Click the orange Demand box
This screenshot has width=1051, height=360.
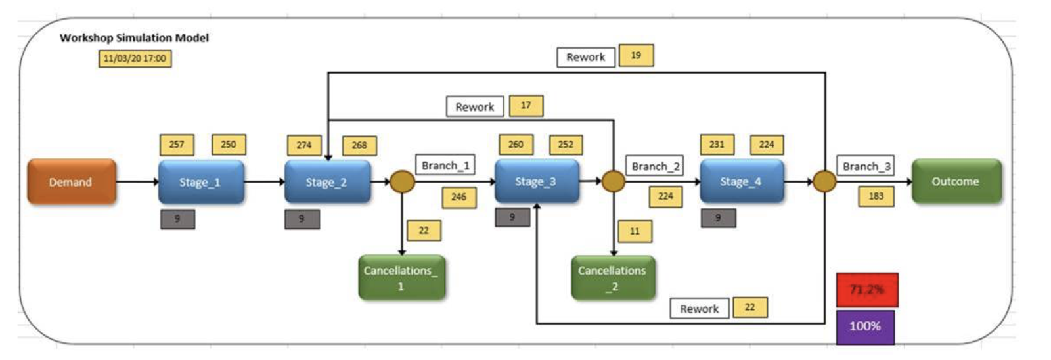click(71, 182)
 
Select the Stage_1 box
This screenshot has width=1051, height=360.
click(200, 182)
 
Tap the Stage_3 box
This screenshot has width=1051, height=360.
click(536, 181)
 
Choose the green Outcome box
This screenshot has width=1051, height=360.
click(956, 181)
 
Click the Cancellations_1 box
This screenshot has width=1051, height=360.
click(401, 278)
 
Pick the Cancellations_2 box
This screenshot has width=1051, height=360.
click(612, 278)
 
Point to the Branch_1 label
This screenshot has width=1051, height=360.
click(445, 165)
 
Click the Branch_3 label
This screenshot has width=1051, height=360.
click(865, 166)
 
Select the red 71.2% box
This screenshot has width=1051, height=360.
click(866, 290)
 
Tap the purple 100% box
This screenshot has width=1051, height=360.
click(865, 326)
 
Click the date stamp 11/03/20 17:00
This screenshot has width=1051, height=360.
click(135, 58)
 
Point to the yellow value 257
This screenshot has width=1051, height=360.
click(177, 145)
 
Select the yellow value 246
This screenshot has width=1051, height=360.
click(458, 197)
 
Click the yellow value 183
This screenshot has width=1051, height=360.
click(876, 196)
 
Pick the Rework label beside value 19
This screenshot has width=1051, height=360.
click(586, 57)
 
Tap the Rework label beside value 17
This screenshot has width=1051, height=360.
click(475, 106)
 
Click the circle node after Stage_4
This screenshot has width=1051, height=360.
click(824, 181)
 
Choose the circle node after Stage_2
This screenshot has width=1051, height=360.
click(402, 181)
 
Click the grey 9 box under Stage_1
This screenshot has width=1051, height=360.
click(177, 219)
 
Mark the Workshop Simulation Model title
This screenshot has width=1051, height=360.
click(134, 38)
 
